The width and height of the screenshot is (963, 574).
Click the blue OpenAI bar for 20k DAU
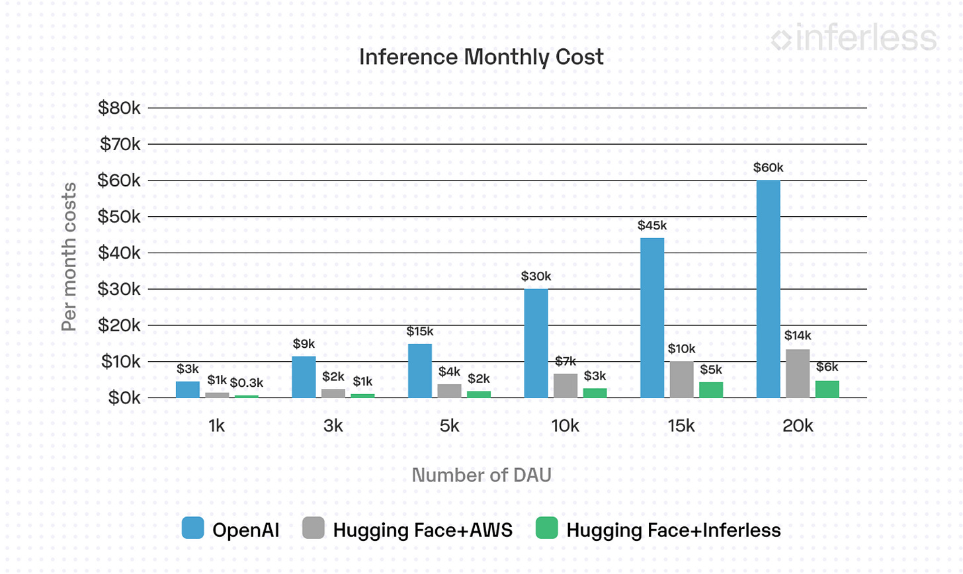tap(768, 289)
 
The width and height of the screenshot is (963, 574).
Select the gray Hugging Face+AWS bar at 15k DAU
tap(681, 380)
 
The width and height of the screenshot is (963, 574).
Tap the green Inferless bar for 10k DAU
tap(595, 393)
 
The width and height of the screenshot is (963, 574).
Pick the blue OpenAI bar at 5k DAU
tap(420, 370)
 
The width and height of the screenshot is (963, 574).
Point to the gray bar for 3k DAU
tap(333, 393)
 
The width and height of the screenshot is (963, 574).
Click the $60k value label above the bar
tap(768, 168)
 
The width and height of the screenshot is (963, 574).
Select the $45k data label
tap(652, 225)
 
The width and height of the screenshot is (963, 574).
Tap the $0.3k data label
tap(247, 383)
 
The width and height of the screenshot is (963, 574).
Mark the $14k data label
tap(798, 336)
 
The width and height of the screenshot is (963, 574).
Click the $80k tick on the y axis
tap(119, 108)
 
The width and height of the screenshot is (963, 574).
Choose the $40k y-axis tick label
tap(119, 253)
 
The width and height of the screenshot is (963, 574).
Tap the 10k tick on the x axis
tap(565, 426)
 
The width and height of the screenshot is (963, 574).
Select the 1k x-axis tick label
tap(217, 426)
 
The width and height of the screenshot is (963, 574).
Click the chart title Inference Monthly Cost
tap(481, 57)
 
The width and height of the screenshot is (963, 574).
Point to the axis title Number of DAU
tap(481, 475)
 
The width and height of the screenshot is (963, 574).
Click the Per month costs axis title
tap(69, 257)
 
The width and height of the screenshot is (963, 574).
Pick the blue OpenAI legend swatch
tap(193, 528)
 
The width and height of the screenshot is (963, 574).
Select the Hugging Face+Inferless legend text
tap(673, 530)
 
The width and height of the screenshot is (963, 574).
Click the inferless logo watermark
tap(854, 38)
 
